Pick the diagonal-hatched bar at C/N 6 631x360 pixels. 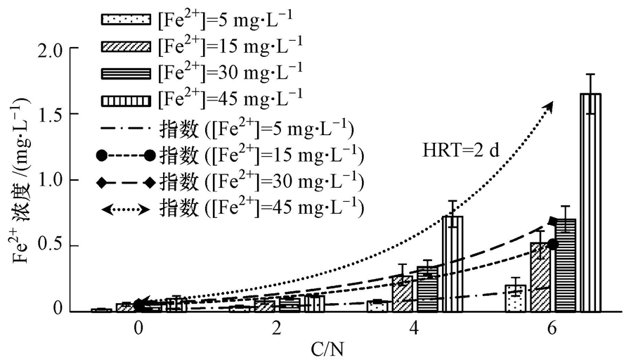[x=540, y=277]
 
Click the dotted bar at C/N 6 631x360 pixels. [x=515, y=298]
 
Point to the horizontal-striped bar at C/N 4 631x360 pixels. [x=427, y=289]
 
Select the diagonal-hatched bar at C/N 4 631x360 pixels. [x=402, y=293]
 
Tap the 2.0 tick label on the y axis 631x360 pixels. [x=70, y=51]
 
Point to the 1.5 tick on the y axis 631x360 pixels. [x=70, y=115]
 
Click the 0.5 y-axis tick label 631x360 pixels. [x=70, y=245]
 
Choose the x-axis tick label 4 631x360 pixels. [x=415, y=328]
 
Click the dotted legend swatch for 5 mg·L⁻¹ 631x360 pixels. [x=126, y=16]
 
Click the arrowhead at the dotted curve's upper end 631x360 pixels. [x=549, y=105]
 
